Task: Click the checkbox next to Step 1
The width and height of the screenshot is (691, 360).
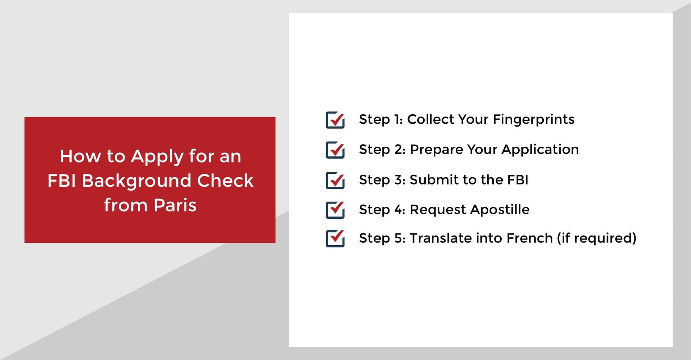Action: pyautogui.click(x=335, y=120)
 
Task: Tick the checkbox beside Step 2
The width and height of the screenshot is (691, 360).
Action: pyautogui.click(x=335, y=150)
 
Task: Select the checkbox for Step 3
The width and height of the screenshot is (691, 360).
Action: pyautogui.click(x=335, y=180)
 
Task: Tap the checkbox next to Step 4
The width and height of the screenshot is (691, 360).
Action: pyautogui.click(x=335, y=210)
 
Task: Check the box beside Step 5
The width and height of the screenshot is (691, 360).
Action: pyautogui.click(x=335, y=238)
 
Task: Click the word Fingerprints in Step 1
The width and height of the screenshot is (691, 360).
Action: pyautogui.click(x=533, y=120)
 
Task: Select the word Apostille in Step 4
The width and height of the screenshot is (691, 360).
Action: pyautogui.click(x=500, y=210)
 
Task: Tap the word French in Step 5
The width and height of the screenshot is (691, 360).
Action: pyautogui.click(x=529, y=238)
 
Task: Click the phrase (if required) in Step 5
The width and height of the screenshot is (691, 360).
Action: pyautogui.click(x=597, y=238)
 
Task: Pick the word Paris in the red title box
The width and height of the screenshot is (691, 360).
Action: pyautogui.click(x=175, y=205)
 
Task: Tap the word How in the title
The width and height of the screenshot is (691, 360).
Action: pyautogui.click(x=81, y=156)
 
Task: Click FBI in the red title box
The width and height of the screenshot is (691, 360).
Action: pyautogui.click(x=62, y=181)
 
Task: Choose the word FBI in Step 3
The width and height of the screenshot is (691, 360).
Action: pyautogui.click(x=518, y=179)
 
